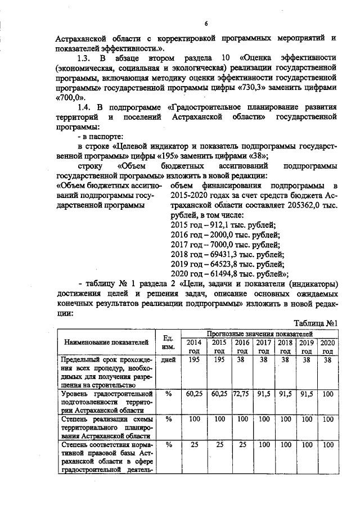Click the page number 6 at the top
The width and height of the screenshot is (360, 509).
click(x=206, y=23)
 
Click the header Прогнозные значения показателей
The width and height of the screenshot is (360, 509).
click(x=258, y=334)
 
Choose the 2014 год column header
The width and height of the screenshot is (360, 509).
click(x=193, y=346)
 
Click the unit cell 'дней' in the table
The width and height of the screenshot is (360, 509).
click(x=168, y=360)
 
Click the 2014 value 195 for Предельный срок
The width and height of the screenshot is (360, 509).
click(x=193, y=360)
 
